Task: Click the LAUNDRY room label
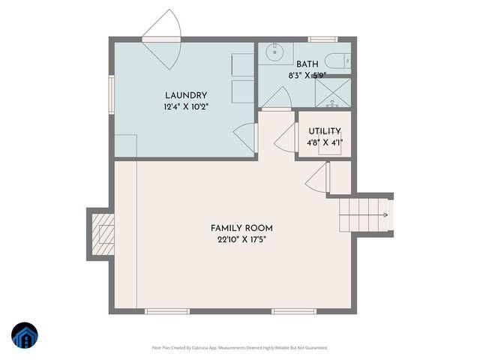[x=185, y=95]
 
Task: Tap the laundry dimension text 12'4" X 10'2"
[x=185, y=106]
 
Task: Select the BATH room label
[x=307, y=64]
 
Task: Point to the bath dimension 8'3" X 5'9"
[x=307, y=76]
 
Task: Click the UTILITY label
[x=324, y=131]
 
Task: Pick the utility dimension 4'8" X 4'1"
[x=324, y=142]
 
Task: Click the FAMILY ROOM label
[x=241, y=228]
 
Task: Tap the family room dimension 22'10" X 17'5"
[x=241, y=240]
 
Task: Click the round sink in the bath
[x=274, y=52]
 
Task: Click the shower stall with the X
[x=331, y=93]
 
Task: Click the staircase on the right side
[x=364, y=215]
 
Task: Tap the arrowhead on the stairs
[x=385, y=215]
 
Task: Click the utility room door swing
[x=286, y=135]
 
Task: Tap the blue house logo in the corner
[x=24, y=336]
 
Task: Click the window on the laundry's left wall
[x=111, y=91]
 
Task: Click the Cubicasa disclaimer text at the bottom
[x=240, y=347]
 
